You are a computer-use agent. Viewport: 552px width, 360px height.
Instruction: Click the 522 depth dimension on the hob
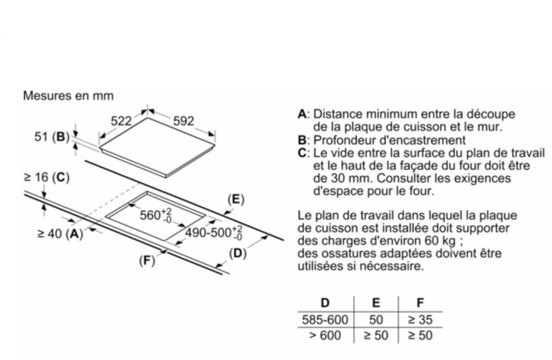[121, 121]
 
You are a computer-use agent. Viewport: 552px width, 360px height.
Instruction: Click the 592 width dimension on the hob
[183, 121]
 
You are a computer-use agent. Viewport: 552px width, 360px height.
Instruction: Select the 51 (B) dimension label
[52, 136]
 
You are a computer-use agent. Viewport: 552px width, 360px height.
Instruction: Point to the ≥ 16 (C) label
[46, 177]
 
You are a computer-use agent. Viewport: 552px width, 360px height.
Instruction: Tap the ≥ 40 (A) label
[60, 233]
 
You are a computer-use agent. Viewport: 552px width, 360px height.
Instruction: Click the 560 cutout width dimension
[156, 215]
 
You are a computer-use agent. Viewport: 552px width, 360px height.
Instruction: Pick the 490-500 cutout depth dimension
[214, 233]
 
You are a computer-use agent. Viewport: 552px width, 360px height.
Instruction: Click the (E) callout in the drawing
[236, 199]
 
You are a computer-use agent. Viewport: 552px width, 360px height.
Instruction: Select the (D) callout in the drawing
[238, 253]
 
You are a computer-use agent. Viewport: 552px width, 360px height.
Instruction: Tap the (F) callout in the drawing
[147, 261]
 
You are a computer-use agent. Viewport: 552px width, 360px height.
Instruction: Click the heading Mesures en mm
[68, 96]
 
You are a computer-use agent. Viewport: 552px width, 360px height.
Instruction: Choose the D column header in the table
[325, 302]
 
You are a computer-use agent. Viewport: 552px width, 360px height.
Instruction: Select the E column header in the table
[376, 302]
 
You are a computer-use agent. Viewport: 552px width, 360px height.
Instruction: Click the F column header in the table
[420, 302]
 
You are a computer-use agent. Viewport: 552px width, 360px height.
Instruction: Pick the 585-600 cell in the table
[325, 319]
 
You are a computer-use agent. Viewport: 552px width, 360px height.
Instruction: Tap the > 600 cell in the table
[325, 335]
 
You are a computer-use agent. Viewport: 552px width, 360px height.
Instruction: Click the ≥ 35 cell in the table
[420, 319]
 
